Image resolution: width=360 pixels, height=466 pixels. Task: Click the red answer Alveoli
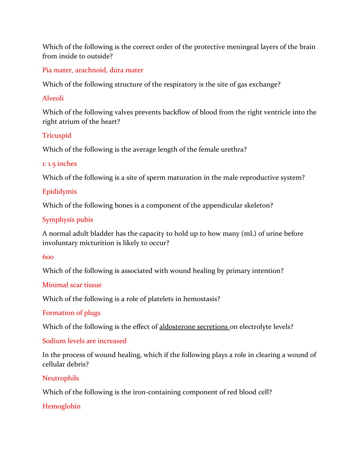[x=53, y=98]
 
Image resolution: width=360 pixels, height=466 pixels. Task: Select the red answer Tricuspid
[x=57, y=136]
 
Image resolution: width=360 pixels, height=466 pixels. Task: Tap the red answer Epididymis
[x=60, y=192]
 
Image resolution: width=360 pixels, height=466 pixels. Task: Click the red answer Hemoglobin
[x=61, y=406]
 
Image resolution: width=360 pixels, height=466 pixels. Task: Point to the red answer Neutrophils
[x=61, y=378]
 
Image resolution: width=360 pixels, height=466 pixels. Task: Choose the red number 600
[x=48, y=257]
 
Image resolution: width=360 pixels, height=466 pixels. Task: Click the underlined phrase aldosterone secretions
[x=194, y=327]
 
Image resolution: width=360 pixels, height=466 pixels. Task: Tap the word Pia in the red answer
[x=47, y=70]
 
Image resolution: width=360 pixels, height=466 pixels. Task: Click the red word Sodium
[x=52, y=341]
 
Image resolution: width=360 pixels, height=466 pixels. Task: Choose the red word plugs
[x=92, y=313]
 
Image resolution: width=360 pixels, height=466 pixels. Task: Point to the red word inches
[x=67, y=164]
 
